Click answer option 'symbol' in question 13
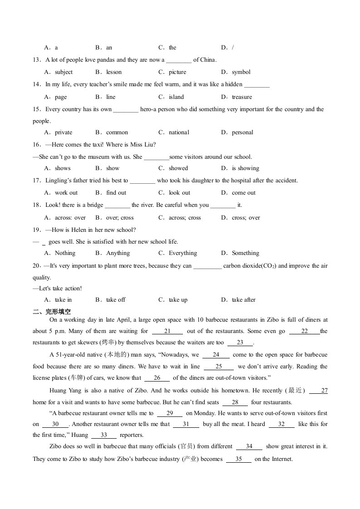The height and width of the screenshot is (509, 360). pyautogui.click(x=241, y=72)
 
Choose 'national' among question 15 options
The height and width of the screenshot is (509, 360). pyautogui.click(x=179, y=132)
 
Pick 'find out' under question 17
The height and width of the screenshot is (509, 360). pyautogui.click(x=116, y=192)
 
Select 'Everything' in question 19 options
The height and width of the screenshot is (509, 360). pyautogui.click(x=183, y=253)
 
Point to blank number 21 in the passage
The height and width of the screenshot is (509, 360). pyautogui.click(x=167, y=331)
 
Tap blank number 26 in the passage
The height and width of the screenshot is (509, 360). pyautogui.click(x=157, y=377)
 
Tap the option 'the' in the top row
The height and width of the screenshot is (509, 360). pyautogui.click(x=173, y=48)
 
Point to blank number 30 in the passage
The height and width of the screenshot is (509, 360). pyautogui.click(x=55, y=424)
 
